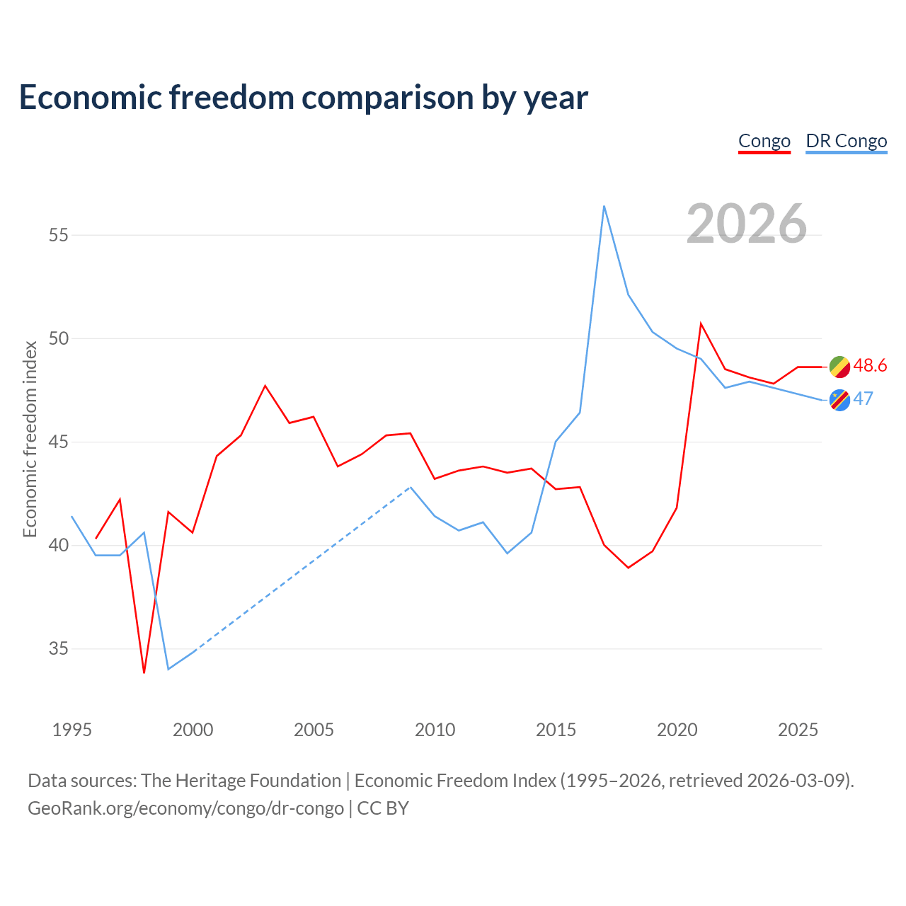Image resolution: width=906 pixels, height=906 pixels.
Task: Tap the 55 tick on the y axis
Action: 58,234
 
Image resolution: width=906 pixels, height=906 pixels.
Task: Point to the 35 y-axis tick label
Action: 58,648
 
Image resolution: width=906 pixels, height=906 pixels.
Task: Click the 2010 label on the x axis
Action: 435,730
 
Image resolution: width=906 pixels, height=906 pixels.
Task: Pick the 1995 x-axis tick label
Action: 72,730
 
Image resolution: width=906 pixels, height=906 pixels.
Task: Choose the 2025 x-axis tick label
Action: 798,730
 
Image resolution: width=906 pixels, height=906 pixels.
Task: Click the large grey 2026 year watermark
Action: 747,224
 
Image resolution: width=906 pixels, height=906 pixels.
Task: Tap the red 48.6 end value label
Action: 870,365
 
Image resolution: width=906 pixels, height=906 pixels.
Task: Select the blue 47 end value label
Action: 864,398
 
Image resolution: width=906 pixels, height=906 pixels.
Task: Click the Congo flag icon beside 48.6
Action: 839,367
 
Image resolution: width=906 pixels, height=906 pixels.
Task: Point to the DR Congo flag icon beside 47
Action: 839,400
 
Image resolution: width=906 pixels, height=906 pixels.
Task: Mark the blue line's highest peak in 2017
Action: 604,206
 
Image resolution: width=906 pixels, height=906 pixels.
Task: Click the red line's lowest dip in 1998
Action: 144,673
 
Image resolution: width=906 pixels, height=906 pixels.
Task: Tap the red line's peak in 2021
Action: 701,323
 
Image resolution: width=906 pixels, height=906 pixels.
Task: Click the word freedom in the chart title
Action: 231,97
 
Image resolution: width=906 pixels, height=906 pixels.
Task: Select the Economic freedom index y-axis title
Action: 30,439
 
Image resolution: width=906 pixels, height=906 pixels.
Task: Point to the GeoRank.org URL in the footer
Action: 185,808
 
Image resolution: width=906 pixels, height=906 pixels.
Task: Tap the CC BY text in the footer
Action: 383,808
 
